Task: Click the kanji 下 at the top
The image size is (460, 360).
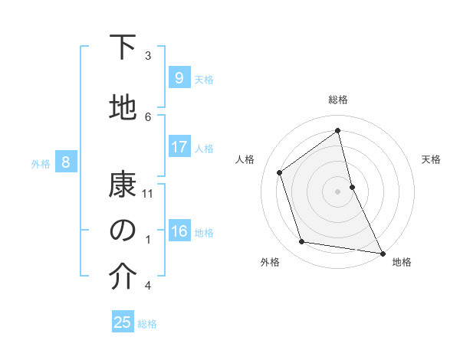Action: pos(123,47)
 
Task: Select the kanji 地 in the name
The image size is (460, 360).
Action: pos(123,108)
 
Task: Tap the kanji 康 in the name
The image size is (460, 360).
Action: pos(123,185)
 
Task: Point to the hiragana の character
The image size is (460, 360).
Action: pos(123,231)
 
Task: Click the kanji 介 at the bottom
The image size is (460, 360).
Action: pos(123,277)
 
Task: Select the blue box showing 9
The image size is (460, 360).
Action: pos(179,78)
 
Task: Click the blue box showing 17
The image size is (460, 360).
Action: pos(179,147)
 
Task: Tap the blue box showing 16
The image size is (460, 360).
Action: pos(179,232)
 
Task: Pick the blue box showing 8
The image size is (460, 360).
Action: pos(66,162)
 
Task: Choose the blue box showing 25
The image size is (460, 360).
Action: pos(122,322)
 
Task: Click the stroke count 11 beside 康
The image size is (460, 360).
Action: pos(149,194)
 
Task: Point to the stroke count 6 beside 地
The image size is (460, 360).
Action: pos(149,116)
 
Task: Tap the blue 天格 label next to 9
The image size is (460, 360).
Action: pos(204,79)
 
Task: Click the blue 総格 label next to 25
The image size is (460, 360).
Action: pos(147,323)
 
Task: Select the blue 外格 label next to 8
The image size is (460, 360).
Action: pos(40,162)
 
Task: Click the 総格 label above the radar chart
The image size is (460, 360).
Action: pos(338,100)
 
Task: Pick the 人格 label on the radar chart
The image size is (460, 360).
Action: pos(245,159)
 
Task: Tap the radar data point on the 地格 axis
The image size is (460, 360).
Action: pos(382,252)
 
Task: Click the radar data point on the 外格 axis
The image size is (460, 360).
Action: pos(302,242)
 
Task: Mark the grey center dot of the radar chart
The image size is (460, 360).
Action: pos(338,191)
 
